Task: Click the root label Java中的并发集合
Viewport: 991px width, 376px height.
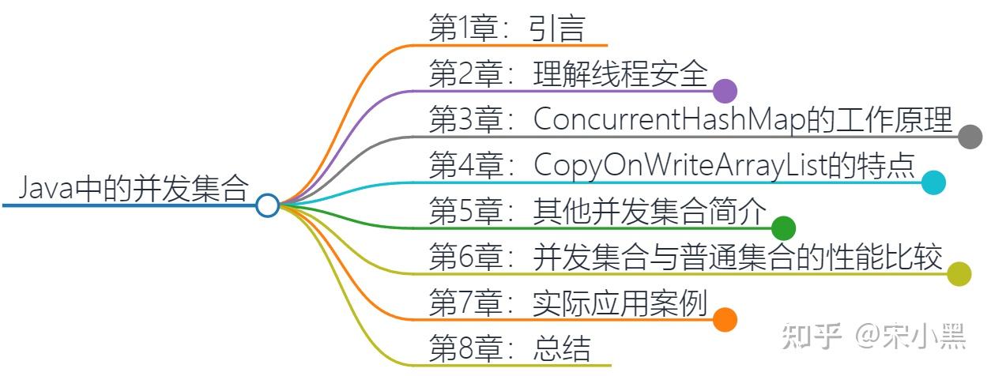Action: coord(133,189)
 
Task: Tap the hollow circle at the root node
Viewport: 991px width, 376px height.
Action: coord(268,205)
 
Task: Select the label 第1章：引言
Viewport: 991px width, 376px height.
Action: coord(506,28)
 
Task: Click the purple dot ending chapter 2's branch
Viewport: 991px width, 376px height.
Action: coord(725,91)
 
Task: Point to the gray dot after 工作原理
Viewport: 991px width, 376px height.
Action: coord(970,137)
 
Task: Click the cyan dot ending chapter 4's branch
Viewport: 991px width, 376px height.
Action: coord(933,182)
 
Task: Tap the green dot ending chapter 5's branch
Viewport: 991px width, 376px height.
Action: coord(782,228)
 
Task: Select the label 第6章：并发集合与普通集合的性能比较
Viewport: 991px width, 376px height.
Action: coord(686,257)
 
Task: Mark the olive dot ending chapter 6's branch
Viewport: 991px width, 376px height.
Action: coord(959,274)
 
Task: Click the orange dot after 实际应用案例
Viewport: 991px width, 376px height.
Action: coord(725,320)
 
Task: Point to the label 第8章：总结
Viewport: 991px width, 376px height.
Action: coord(509,348)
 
